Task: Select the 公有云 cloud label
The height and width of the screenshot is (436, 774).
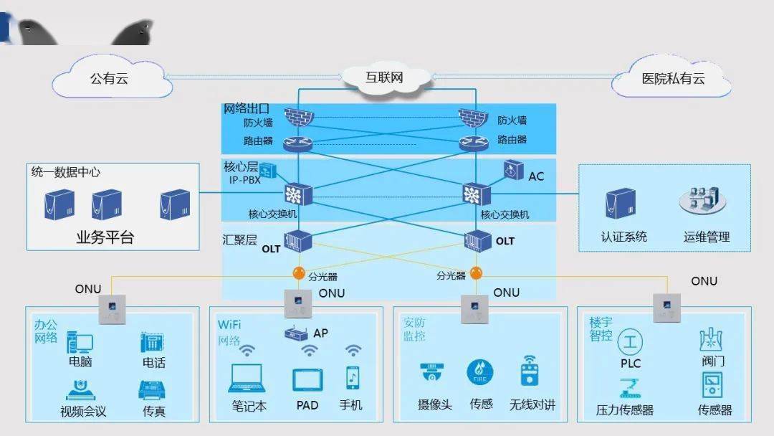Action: coord(113,79)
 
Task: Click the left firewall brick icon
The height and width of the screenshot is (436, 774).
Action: coord(294,116)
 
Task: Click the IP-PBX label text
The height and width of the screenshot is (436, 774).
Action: coord(244,180)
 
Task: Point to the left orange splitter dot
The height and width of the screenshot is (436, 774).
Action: coord(300,274)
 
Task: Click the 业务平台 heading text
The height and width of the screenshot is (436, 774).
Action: coord(105,238)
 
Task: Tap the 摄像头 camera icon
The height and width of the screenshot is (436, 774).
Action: coord(433,372)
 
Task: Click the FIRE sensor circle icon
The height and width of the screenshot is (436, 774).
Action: coord(479,372)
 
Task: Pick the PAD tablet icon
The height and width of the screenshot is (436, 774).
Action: coord(307,379)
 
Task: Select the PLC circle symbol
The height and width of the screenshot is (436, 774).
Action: coord(630,341)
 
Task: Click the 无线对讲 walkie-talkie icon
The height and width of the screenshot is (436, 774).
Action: coord(530,371)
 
